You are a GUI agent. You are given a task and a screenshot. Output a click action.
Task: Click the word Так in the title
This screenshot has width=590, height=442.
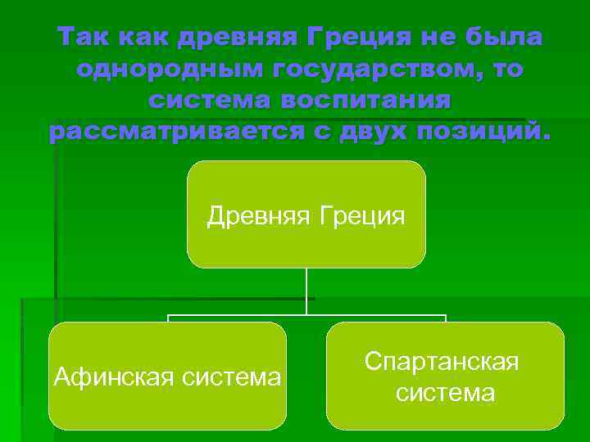[x=83, y=38]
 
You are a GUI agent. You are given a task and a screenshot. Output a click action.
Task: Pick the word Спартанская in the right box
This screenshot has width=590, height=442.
[x=442, y=362]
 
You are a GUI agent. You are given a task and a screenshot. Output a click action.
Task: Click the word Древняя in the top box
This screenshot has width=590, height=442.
[x=255, y=216]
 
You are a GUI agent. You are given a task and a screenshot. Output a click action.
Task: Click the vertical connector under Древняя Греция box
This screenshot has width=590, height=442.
[x=306, y=291]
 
